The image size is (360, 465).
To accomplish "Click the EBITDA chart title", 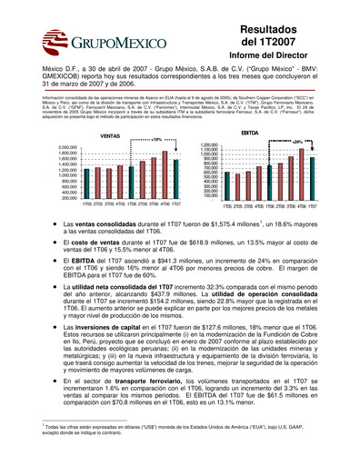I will click(x=250, y=133).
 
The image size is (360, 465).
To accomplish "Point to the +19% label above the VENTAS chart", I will click(x=157, y=139).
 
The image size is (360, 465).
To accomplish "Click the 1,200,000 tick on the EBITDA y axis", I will click(x=207, y=144).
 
